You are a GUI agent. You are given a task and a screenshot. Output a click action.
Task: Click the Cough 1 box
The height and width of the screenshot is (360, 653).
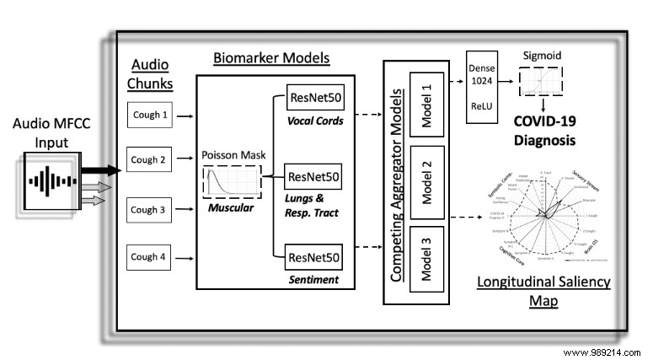pos(151,114)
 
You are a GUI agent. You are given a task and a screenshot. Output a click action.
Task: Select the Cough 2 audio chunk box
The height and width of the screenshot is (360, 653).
pos(151,158)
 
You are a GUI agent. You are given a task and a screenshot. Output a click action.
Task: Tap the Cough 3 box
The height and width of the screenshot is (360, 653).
pos(151,208)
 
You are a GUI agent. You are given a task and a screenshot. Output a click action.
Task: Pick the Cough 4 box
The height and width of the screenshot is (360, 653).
pos(151,255)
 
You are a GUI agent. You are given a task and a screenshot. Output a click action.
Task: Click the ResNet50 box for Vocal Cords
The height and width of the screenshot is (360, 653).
pos(314,98)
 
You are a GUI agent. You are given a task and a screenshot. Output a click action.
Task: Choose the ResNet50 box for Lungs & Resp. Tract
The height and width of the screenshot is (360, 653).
pos(314,177)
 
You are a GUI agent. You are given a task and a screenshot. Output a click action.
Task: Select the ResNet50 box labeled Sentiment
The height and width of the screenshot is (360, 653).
pos(314,255)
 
